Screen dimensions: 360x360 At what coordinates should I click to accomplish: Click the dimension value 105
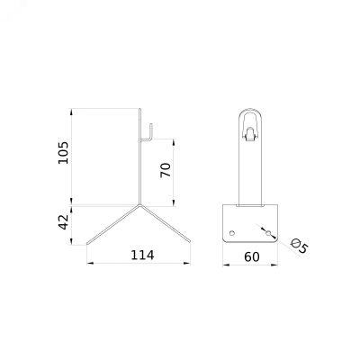click(x=63, y=152)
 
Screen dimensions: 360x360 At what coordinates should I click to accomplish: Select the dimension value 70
click(x=166, y=170)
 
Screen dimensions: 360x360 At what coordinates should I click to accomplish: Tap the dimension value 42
click(x=63, y=222)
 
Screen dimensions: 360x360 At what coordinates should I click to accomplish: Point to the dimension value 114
click(x=142, y=256)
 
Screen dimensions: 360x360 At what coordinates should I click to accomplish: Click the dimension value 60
click(x=252, y=257)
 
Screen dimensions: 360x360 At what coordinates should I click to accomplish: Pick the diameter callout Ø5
click(x=300, y=246)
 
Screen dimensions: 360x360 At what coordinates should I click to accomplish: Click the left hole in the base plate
click(x=231, y=233)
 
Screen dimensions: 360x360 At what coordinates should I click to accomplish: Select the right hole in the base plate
click(x=268, y=233)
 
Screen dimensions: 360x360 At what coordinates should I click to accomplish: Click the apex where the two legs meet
click(x=139, y=205)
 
